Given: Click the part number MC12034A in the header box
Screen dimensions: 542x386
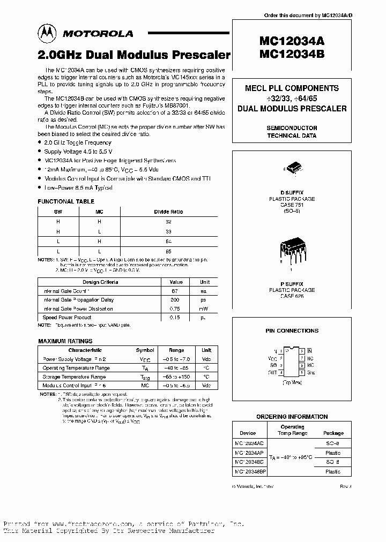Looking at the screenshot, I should point(292,42).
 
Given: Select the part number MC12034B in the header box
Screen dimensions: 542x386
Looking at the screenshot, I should point(292,54).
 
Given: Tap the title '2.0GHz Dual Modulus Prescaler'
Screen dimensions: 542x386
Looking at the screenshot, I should point(134,55).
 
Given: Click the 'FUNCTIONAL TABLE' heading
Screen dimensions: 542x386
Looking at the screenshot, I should point(66,201).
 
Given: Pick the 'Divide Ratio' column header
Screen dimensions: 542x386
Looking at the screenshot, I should point(168,212).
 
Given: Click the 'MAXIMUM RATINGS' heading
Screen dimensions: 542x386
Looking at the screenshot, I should point(65,341).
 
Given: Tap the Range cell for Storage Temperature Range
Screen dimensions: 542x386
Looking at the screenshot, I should point(176,377).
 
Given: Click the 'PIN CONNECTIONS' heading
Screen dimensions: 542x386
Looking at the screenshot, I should point(292,331).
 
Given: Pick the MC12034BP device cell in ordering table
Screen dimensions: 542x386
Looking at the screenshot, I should point(250,471).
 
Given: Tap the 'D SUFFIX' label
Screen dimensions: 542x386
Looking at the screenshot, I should point(292,193).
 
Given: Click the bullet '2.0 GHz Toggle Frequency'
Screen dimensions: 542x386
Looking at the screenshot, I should point(79,142).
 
